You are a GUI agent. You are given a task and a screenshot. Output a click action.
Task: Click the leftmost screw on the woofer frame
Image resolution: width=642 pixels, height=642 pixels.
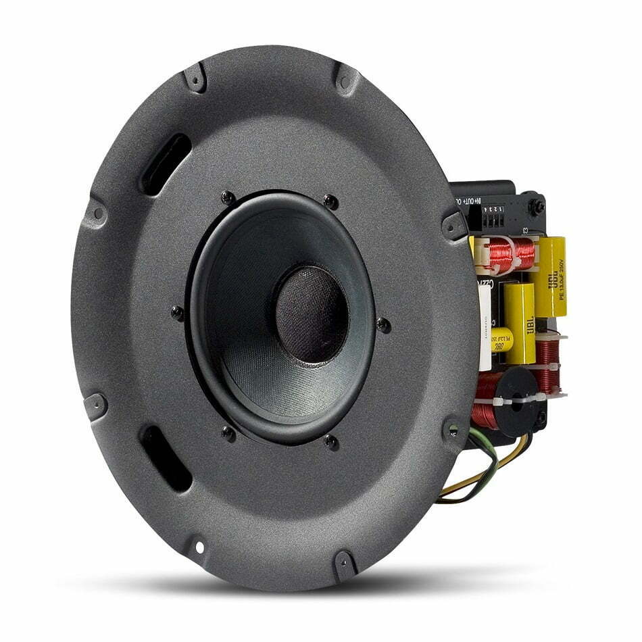point(178,313)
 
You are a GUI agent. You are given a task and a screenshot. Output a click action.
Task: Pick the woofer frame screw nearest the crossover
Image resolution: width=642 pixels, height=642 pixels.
point(383,324)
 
